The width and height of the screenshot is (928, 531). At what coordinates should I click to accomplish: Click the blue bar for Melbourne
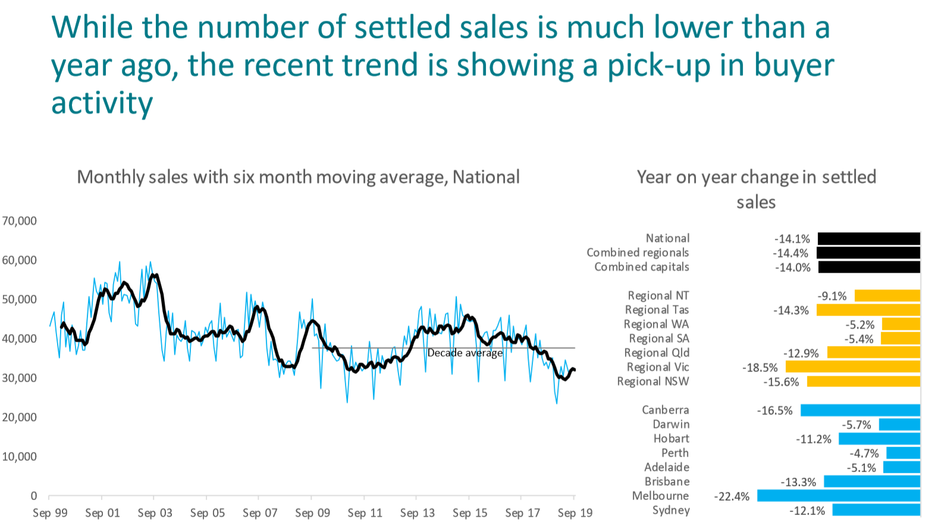coord(839,495)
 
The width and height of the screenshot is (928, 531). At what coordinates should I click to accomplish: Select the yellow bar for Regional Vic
coord(853,367)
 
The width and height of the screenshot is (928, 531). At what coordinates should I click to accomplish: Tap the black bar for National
coord(869,239)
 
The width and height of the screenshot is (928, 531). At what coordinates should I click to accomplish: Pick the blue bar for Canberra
coord(860,410)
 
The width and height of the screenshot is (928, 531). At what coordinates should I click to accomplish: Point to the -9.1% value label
coord(832,296)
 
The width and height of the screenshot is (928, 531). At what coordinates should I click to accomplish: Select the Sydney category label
coord(671,510)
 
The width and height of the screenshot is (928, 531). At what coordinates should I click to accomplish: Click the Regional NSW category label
coord(653,382)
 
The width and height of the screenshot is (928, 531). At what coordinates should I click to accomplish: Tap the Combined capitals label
coord(641,267)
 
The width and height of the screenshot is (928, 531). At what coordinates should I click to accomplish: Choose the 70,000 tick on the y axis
coord(19,221)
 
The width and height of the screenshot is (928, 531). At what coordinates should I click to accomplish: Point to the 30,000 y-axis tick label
coord(19,378)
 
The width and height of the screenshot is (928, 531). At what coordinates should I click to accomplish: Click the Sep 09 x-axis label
coord(312,513)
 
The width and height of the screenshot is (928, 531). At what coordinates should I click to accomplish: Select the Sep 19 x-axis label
coord(575,513)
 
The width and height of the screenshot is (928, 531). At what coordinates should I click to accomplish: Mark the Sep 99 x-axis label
coord(50,513)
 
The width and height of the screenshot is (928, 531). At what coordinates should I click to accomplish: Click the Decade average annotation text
coord(465,353)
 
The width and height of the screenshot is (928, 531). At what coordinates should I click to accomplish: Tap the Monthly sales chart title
coord(298,177)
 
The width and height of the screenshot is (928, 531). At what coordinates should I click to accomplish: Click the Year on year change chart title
coord(756,189)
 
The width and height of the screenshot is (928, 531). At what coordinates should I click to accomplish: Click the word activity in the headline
coord(102,103)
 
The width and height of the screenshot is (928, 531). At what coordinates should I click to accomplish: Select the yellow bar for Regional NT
coord(888,296)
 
